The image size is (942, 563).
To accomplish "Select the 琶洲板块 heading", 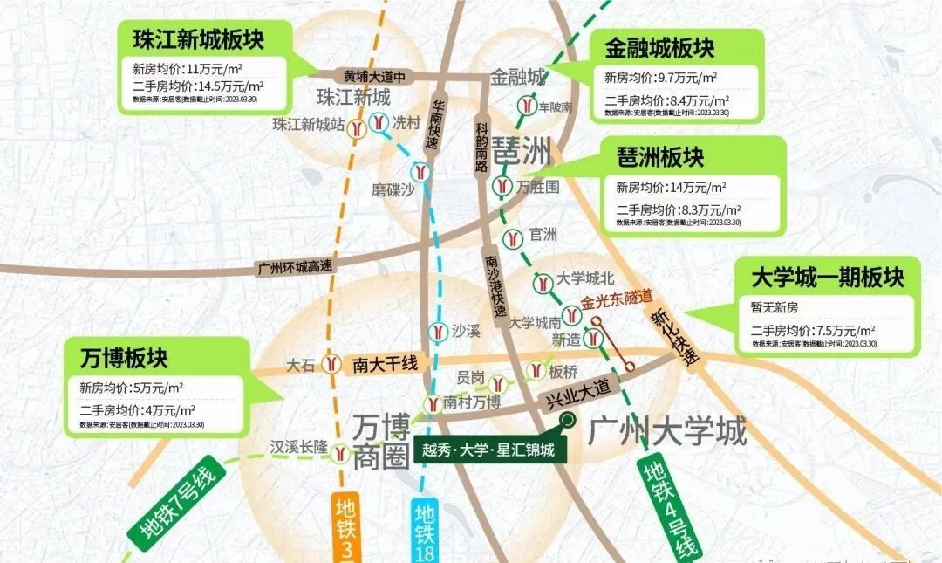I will coord(659,157).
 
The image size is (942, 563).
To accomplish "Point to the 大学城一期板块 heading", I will coord(828,278).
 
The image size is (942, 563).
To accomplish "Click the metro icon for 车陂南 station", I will coord(526,106).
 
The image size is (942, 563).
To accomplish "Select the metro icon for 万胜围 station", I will coord(501,186).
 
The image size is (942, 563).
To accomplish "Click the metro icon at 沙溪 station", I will coord(438,332).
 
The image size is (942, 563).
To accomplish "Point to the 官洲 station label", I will coord(543,235).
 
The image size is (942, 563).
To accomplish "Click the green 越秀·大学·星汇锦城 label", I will coord(488,450).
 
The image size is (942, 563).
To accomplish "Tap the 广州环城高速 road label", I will coord(295,267).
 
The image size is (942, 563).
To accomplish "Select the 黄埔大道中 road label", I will coord(374,76).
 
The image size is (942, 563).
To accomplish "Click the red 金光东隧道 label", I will coord(618,298).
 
